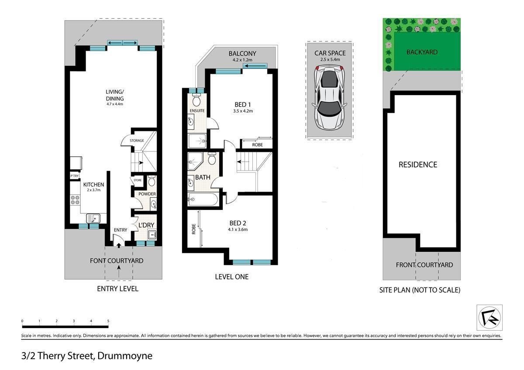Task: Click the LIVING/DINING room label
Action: pos(114,95)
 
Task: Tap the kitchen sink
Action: pos(93,219)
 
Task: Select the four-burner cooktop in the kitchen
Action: pos(75,200)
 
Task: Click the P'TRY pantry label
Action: pos(74,176)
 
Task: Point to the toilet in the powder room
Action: pos(152,181)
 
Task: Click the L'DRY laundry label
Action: pos(146,225)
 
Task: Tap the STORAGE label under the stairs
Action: pos(137,140)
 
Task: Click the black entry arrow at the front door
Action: pos(119,245)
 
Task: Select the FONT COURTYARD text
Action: pos(117,260)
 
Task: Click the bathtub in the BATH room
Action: pos(203,199)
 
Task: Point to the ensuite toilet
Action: pos(196,100)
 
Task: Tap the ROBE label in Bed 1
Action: pos(257,145)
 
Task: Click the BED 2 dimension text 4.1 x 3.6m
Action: pos(238,230)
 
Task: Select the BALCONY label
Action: pos(242,54)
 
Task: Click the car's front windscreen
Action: pos(330,79)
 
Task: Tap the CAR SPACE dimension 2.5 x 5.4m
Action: pos(330,59)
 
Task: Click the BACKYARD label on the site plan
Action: pos(422,52)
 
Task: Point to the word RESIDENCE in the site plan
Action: pos(418,164)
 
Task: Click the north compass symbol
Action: pos(490,317)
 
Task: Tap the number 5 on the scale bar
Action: pos(108,321)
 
